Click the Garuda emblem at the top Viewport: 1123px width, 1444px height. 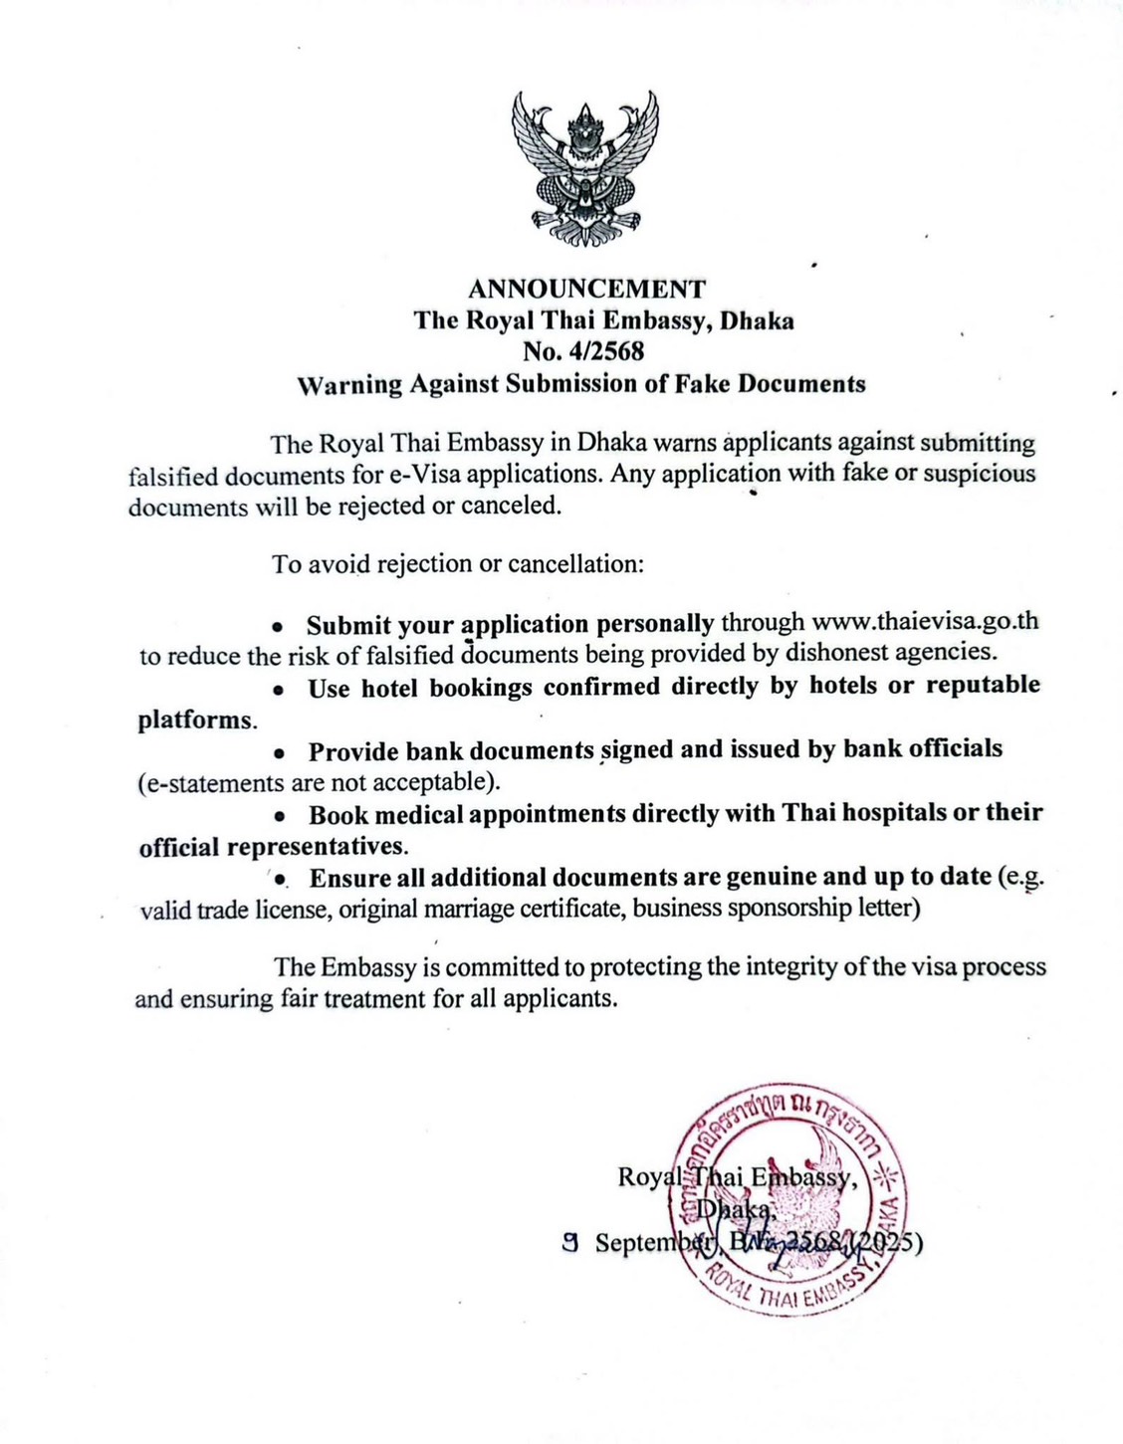[x=585, y=168]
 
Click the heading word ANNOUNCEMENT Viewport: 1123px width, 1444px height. [x=586, y=289]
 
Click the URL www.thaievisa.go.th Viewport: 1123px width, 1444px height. [x=925, y=622]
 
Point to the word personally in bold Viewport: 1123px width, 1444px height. [x=654, y=624]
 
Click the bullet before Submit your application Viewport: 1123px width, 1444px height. [x=280, y=627]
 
